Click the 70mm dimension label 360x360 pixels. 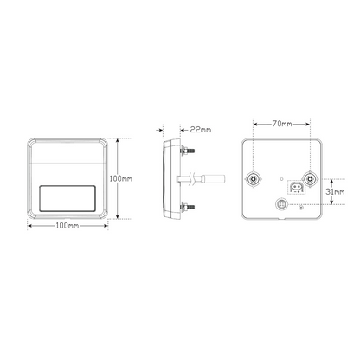point(282,124)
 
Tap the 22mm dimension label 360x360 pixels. point(201,130)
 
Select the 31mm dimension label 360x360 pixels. point(335,191)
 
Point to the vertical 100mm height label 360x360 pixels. point(121,179)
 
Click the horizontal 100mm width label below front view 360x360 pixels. point(67,226)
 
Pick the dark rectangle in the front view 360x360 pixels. point(67,198)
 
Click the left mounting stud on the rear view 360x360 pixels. point(254,179)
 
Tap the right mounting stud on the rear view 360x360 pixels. point(310,179)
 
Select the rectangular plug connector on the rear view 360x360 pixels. point(296,188)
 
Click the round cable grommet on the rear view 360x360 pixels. point(281,204)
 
